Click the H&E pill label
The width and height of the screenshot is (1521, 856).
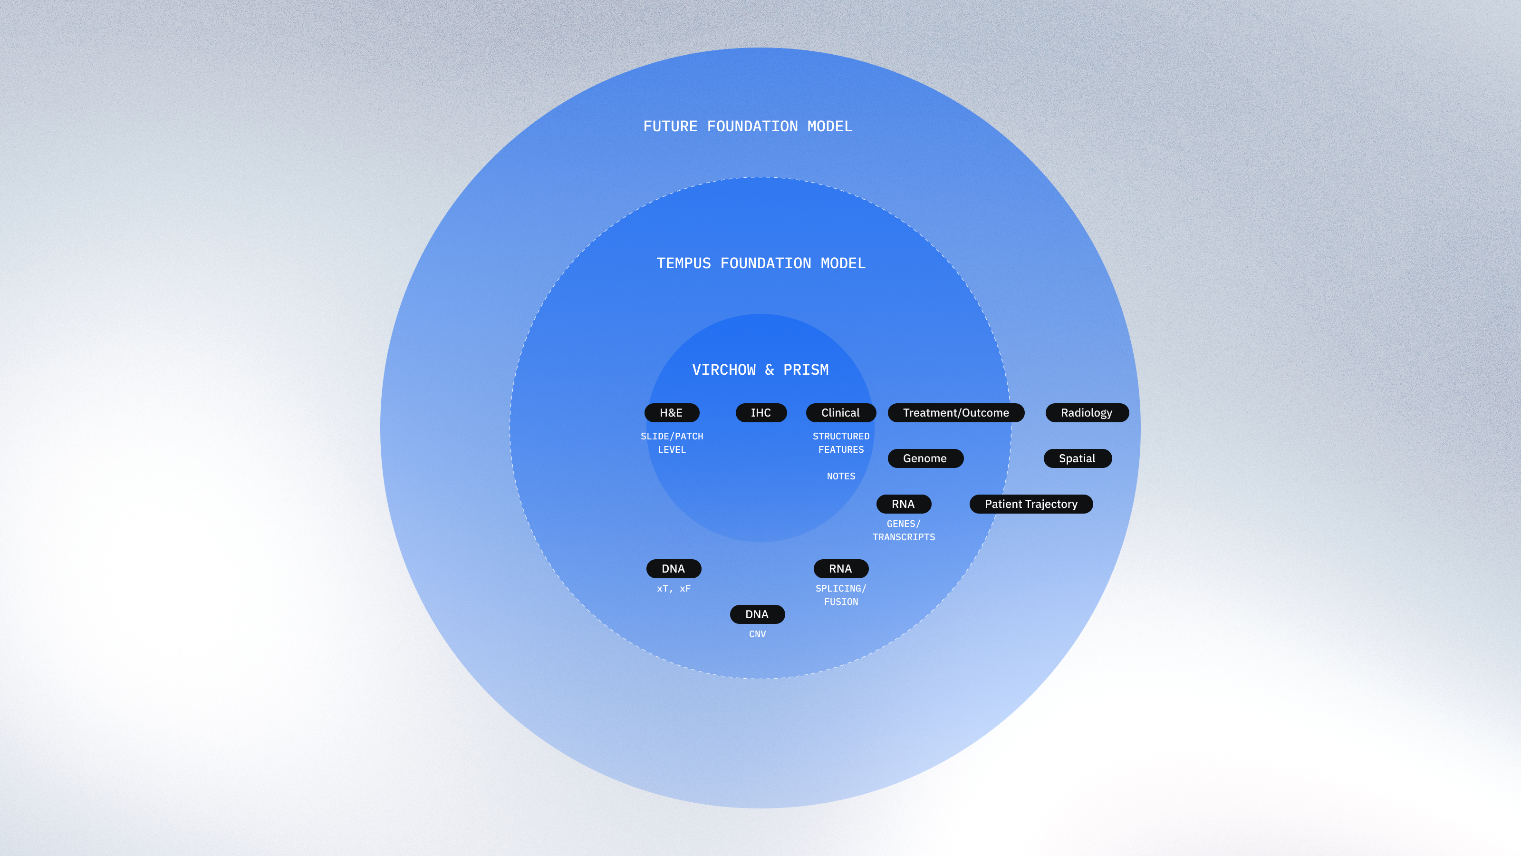click(x=671, y=412)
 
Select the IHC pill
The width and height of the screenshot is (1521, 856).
click(x=761, y=412)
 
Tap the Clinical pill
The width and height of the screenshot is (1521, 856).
click(x=841, y=412)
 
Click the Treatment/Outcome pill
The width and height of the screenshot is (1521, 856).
click(x=956, y=412)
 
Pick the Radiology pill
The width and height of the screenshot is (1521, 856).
click(x=1087, y=412)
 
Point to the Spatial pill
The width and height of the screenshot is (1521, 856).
click(x=1078, y=458)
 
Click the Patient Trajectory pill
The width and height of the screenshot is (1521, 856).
click(x=1031, y=504)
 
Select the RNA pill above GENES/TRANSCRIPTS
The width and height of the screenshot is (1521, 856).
click(x=904, y=504)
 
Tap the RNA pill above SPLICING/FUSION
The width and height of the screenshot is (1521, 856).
click(x=841, y=568)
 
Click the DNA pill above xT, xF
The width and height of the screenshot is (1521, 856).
click(x=674, y=568)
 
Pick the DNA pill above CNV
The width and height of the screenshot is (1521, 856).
click(x=758, y=614)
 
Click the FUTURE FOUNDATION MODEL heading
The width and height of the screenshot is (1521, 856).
click(x=748, y=126)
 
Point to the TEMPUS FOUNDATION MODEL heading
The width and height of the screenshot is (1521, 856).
click(x=761, y=263)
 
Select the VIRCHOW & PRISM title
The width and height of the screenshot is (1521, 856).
click(x=760, y=370)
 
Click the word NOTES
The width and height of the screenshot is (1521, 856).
click(x=841, y=476)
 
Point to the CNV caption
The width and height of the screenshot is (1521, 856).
click(x=758, y=634)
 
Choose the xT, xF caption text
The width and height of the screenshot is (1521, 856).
click(x=674, y=588)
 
